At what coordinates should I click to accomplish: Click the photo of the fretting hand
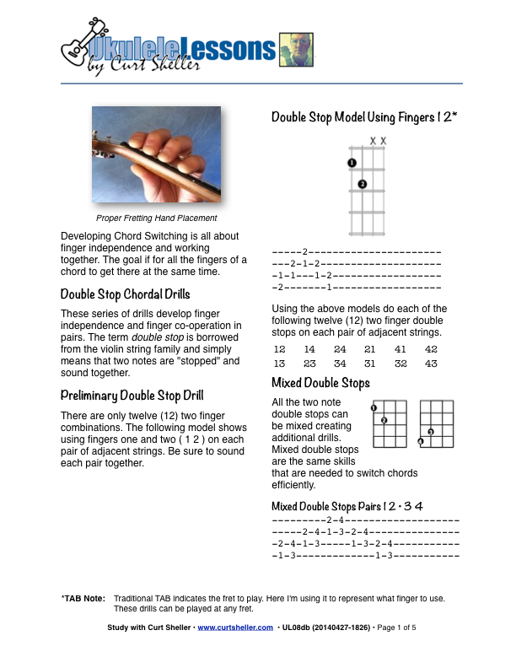coord(156,154)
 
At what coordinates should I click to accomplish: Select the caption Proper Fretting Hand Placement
coord(156,218)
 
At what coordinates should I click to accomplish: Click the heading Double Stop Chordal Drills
coord(125,295)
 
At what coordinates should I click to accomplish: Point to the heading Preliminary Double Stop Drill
coord(132,396)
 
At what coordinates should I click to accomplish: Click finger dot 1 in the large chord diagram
coord(352,163)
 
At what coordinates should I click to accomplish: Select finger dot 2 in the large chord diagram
coord(363,184)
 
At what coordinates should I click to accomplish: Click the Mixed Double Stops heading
coord(320,384)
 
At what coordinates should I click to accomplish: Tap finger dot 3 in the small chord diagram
coord(430,432)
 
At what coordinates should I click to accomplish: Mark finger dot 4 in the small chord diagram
coord(421,441)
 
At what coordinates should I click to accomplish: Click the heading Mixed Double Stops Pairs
coord(347,506)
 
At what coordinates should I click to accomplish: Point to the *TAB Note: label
coord(83,598)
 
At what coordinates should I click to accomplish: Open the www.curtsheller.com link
coord(235,628)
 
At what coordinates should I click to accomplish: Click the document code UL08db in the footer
coord(298,628)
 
